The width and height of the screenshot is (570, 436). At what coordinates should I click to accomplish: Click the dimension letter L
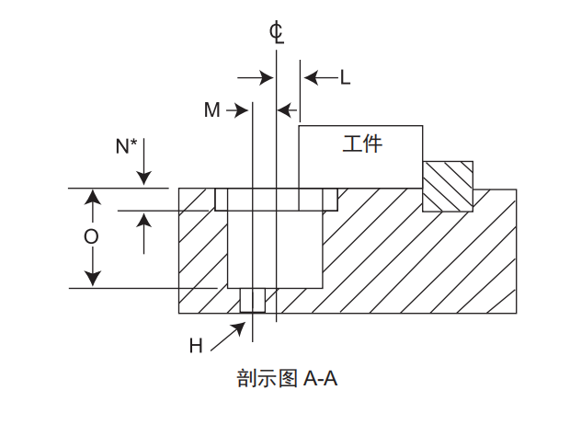345,78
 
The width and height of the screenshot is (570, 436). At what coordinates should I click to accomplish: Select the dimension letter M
212,110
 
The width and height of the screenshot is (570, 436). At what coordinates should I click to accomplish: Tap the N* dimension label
127,145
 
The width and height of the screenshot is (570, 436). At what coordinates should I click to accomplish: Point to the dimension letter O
91,237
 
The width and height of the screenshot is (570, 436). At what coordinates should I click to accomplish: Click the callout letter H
196,346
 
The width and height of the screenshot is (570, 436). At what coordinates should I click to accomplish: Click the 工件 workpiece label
362,143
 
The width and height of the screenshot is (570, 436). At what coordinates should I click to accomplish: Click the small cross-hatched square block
448,186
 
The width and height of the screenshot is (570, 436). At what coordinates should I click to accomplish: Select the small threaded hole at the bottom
251,300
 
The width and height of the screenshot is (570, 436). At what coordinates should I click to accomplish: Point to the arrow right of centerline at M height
287,110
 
